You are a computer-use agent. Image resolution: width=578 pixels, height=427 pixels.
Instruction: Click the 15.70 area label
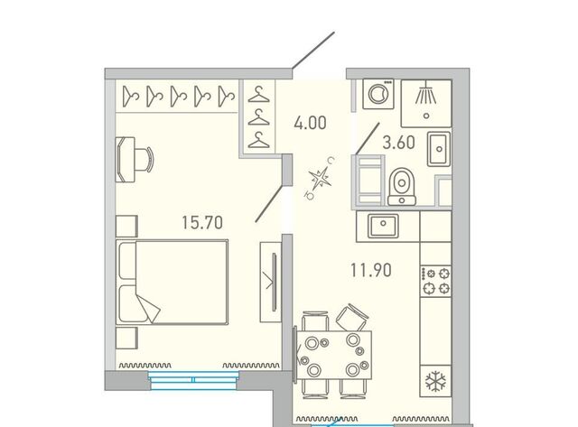(202, 222)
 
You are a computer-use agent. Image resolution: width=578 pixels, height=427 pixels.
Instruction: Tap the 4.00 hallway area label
(310, 123)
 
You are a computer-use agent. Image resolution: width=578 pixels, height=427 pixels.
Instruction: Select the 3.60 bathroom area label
(399, 143)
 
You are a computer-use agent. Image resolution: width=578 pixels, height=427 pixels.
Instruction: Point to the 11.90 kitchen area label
(371, 270)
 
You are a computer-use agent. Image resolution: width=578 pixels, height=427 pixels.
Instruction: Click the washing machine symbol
(378, 94)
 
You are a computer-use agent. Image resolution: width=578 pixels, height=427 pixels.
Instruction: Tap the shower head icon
(426, 93)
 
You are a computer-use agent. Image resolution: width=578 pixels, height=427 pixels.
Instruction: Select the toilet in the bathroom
(402, 187)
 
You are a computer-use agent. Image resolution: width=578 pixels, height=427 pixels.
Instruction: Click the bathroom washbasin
(439, 149)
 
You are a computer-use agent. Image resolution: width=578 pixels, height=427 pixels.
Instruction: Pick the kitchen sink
(383, 226)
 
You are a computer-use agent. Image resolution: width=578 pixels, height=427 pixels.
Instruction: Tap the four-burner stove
(435, 281)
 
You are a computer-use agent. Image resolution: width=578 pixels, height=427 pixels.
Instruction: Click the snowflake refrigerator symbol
(435, 382)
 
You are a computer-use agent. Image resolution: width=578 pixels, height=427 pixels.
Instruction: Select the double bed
(172, 283)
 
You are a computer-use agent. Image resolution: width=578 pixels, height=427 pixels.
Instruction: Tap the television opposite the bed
(274, 282)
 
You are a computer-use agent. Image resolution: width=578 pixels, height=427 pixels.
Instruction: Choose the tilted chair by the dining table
(351, 317)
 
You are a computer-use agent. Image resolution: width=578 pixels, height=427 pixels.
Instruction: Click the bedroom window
(194, 380)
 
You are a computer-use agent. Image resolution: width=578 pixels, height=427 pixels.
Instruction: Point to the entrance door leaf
(313, 51)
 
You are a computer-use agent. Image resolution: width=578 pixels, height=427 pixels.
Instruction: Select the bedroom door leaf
(269, 204)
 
